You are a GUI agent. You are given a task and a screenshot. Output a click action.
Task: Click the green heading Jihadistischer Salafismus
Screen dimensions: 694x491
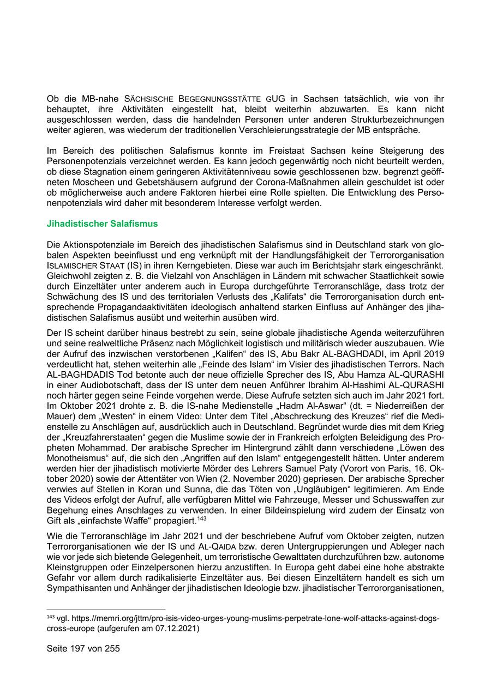click(103, 224)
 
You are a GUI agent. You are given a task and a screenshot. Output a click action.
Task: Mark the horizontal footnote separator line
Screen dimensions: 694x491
click(106, 609)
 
